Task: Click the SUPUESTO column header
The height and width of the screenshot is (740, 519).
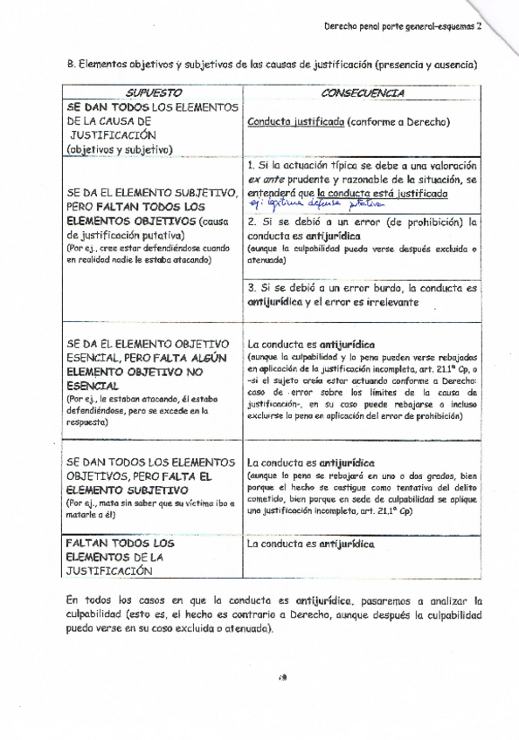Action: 153,92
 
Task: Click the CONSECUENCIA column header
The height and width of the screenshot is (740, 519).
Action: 362,92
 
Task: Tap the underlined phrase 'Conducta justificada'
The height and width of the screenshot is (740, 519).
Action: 295,122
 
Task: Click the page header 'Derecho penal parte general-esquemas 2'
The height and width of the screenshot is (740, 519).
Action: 403,27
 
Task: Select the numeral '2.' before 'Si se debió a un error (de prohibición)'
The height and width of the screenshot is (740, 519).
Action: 252,222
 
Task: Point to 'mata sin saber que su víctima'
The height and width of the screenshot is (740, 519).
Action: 154,504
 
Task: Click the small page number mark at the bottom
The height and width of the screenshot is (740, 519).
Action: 282,677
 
